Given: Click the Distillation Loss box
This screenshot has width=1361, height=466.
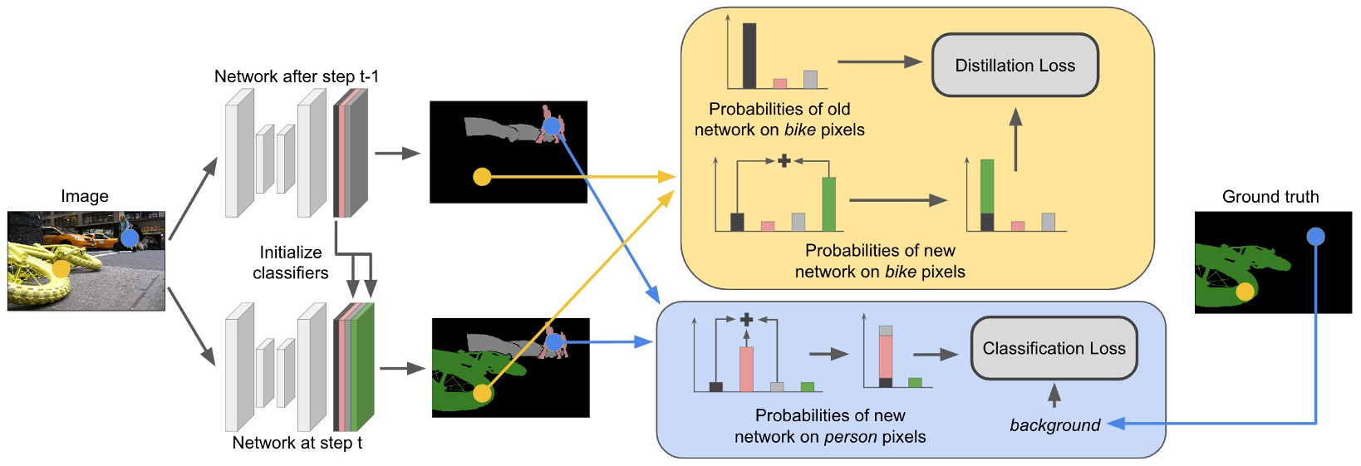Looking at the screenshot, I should click(x=1015, y=66).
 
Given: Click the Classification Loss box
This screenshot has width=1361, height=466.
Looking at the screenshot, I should click(x=1054, y=349).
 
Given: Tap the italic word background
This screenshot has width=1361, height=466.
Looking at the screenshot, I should click(x=1054, y=425).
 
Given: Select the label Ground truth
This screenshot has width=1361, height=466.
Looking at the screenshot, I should click(x=1270, y=197).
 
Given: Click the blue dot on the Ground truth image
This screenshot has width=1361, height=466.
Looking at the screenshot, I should click(x=1315, y=237).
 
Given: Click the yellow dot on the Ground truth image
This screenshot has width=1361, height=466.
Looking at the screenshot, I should click(x=1244, y=292).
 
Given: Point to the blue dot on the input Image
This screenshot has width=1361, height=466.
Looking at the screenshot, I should click(x=130, y=238).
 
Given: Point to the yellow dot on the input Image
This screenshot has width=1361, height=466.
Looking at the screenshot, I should click(x=61, y=268).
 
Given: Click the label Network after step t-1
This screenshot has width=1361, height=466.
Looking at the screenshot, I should click(x=297, y=76).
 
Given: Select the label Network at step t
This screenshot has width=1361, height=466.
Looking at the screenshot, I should click(x=297, y=443).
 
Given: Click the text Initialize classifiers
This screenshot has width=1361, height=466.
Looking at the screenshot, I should click(x=290, y=262).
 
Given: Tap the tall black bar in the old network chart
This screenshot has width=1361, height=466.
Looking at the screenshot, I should click(x=749, y=56).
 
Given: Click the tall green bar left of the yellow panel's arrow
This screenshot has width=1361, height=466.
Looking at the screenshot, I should click(x=828, y=204).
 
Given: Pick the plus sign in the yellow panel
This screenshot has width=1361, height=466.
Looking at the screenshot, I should click(x=783, y=160).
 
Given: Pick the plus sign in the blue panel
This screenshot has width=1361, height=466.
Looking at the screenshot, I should click(x=746, y=319).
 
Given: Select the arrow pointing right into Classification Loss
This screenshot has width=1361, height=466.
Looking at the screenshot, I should click(x=936, y=355).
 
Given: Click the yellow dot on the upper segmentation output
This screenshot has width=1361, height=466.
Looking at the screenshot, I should click(x=482, y=177).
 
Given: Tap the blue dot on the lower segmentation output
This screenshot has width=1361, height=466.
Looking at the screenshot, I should click(x=554, y=341).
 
